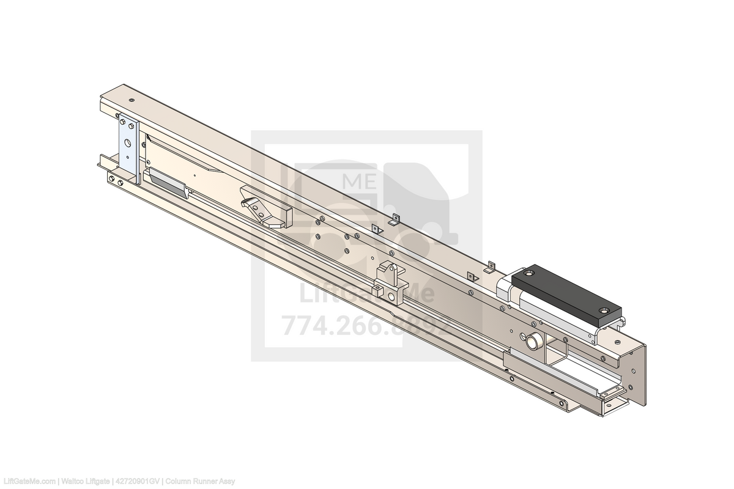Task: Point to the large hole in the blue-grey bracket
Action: click(x=128, y=143)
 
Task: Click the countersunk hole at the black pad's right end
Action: click(x=606, y=311)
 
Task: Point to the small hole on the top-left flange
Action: click(x=132, y=100)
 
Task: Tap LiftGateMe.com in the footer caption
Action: click(x=29, y=482)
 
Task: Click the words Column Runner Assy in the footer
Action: click(x=200, y=482)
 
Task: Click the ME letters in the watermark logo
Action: click(x=360, y=181)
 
